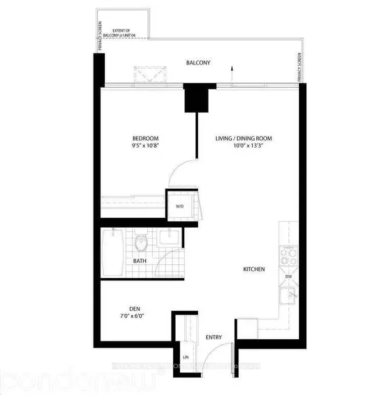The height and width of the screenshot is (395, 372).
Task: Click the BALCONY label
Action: pos(198,62)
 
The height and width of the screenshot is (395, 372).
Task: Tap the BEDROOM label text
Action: pos(144,138)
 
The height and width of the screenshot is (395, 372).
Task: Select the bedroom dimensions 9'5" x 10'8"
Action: pos(144,146)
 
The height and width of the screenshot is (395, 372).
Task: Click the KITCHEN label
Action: pos(254,270)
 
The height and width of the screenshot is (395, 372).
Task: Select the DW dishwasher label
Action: pos(289,277)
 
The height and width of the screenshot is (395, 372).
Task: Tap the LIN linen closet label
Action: pos(186,357)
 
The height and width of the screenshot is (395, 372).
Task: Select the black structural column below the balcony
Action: pos(196,98)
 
